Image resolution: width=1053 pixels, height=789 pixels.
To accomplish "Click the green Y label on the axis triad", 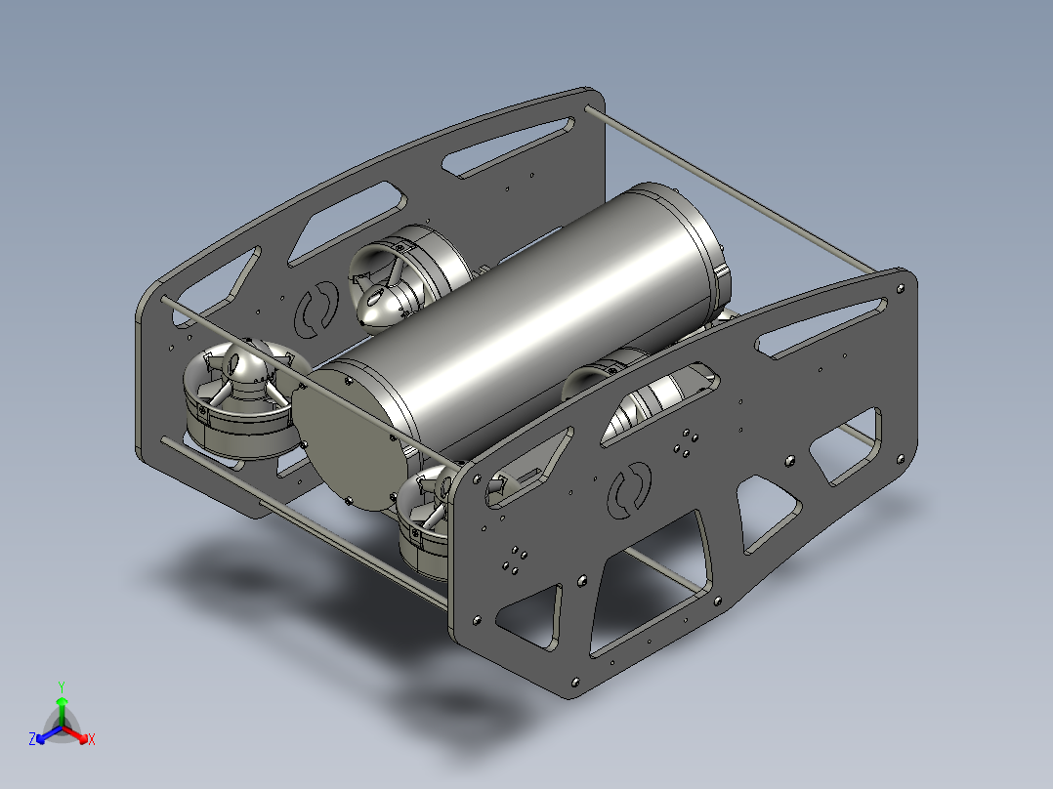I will (x=61, y=685).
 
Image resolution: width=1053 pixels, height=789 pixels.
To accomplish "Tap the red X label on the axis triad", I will (x=92, y=739).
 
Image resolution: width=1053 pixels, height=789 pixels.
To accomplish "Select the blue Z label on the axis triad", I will (x=31, y=739).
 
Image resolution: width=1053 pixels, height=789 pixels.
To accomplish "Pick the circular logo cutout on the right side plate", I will (x=630, y=488).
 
